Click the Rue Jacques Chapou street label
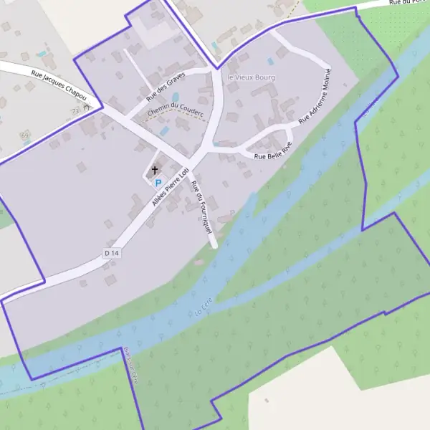click(59, 82)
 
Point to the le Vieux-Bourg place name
click(251, 77)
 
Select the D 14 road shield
click(110, 253)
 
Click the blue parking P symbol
click(158, 183)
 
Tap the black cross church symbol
click(154, 171)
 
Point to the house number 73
click(75, 111)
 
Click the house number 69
click(24, 135)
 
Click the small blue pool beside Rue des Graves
click(175, 97)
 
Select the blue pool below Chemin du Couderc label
click(164, 131)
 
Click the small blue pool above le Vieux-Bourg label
click(270, 62)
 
